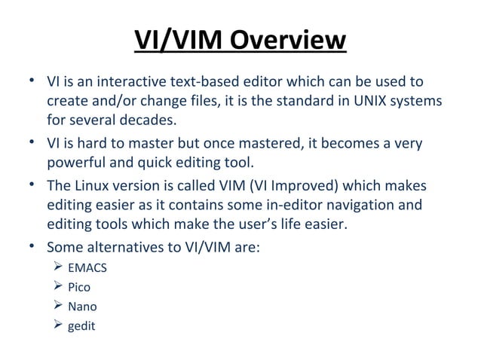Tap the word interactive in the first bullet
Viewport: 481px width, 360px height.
121,81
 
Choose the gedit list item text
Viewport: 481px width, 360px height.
82,327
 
